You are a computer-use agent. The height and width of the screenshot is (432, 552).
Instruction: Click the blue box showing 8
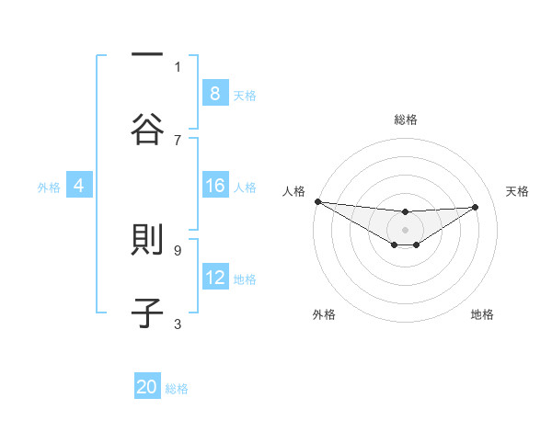pos(214,93)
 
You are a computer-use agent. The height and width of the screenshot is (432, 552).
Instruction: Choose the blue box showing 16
pos(214,186)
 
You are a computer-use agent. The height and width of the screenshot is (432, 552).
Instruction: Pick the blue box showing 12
pos(214,277)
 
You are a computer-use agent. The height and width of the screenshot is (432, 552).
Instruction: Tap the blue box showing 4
pos(79,186)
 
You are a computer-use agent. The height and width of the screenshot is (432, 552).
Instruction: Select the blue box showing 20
pos(147,387)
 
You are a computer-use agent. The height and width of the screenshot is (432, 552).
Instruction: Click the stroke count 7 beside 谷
pos(178,140)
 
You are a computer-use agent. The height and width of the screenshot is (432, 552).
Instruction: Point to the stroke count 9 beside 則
pos(178,249)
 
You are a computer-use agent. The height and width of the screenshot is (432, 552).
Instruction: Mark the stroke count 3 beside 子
pos(178,323)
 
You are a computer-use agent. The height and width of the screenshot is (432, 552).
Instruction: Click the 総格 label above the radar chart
pos(406,119)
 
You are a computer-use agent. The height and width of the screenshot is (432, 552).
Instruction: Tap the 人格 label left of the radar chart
pos(293,191)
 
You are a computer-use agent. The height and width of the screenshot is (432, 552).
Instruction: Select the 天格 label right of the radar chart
pos(518,191)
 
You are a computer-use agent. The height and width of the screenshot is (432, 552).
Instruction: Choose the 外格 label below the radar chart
pos(324,314)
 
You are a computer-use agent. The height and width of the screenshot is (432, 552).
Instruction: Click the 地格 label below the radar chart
pos(482,314)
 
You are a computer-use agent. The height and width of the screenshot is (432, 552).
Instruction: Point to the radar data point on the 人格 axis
pos(317,201)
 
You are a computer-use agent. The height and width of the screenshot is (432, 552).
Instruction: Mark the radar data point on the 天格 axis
pos(476,207)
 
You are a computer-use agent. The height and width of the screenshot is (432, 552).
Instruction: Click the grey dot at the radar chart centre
pos(406,229)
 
